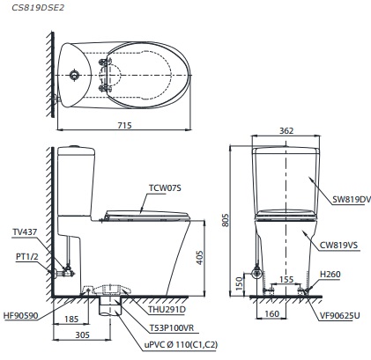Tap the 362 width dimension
pos(285,131)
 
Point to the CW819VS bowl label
pos(345,247)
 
